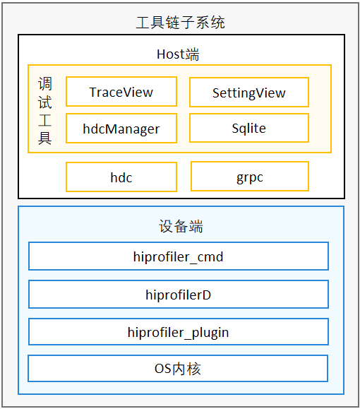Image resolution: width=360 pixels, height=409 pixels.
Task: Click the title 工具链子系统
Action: click(181, 22)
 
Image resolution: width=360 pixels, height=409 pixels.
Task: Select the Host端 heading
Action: click(178, 54)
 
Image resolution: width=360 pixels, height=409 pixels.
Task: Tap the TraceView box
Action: click(121, 92)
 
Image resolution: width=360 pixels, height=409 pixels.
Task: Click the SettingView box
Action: click(249, 92)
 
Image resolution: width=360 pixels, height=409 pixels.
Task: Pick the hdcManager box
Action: click(121, 128)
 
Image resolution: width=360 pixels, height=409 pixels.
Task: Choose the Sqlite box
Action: click(249, 128)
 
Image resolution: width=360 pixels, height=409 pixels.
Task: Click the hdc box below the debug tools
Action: click(121, 177)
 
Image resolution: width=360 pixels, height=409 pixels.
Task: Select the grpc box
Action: click(250, 177)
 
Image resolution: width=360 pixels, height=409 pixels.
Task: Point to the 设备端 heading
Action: click(181, 226)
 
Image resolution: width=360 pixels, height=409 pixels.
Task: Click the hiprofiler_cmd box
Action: click(179, 256)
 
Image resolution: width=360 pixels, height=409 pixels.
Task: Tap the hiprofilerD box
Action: click(179, 295)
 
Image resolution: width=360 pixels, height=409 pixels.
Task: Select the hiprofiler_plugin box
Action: click(179, 331)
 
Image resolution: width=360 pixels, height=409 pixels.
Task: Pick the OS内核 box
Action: click(178, 368)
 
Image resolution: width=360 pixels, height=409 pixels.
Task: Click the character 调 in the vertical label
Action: click(45, 84)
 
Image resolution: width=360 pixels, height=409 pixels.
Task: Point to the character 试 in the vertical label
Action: click(45, 102)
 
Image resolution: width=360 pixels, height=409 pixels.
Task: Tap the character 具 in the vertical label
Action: click(45, 138)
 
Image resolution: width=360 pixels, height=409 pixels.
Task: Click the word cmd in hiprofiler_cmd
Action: click(210, 257)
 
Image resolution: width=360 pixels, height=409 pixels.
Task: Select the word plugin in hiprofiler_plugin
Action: click(210, 333)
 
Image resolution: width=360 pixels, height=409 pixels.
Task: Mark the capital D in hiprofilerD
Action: click(206, 295)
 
